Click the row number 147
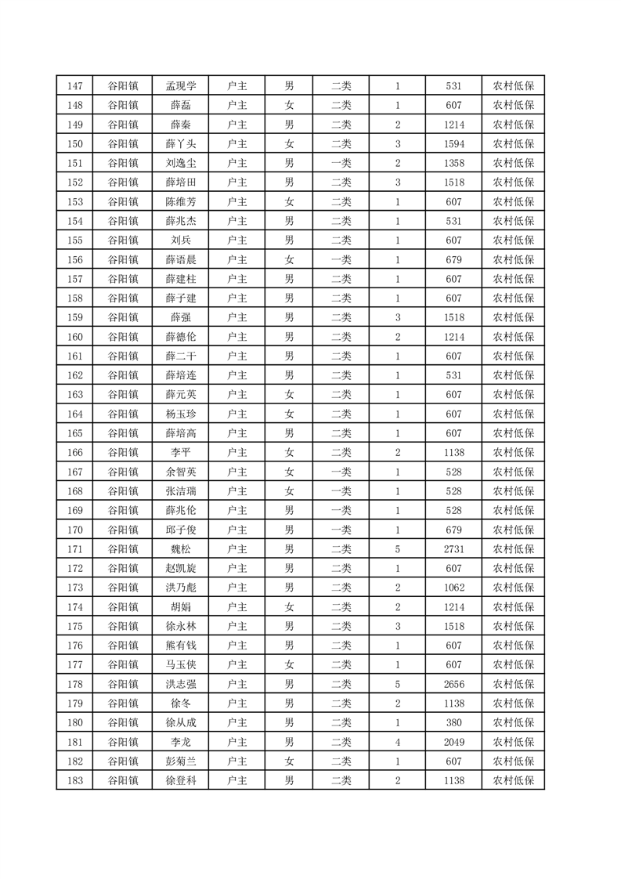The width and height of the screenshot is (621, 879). tap(75, 86)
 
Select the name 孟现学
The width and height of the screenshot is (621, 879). tap(180, 86)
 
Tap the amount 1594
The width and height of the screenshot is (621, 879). tap(453, 144)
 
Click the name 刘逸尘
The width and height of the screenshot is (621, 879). tap(180, 163)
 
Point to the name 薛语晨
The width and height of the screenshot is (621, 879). tap(180, 259)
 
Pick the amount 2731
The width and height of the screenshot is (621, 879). tap(453, 549)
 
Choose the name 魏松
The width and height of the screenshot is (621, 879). tap(180, 549)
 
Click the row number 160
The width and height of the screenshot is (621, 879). tap(75, 337)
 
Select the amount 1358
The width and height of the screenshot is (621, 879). tap(453, 163)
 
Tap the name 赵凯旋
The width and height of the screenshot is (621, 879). tap(180, 568)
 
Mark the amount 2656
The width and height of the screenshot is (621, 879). tap(453, 684)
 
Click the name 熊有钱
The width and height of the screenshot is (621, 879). tap(180, 646)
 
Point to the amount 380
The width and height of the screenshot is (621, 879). tap(453, 722)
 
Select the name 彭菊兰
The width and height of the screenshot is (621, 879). tap(180, 761)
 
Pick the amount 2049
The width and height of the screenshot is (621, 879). tap(453, 742)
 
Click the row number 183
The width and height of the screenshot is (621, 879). tap(75, 780)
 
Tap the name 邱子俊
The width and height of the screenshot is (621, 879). tap(180, 530)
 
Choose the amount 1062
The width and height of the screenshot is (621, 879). tap(453, 588)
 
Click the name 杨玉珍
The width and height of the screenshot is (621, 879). tap(180, 414)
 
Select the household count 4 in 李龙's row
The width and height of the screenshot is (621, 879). tap(398, 742)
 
